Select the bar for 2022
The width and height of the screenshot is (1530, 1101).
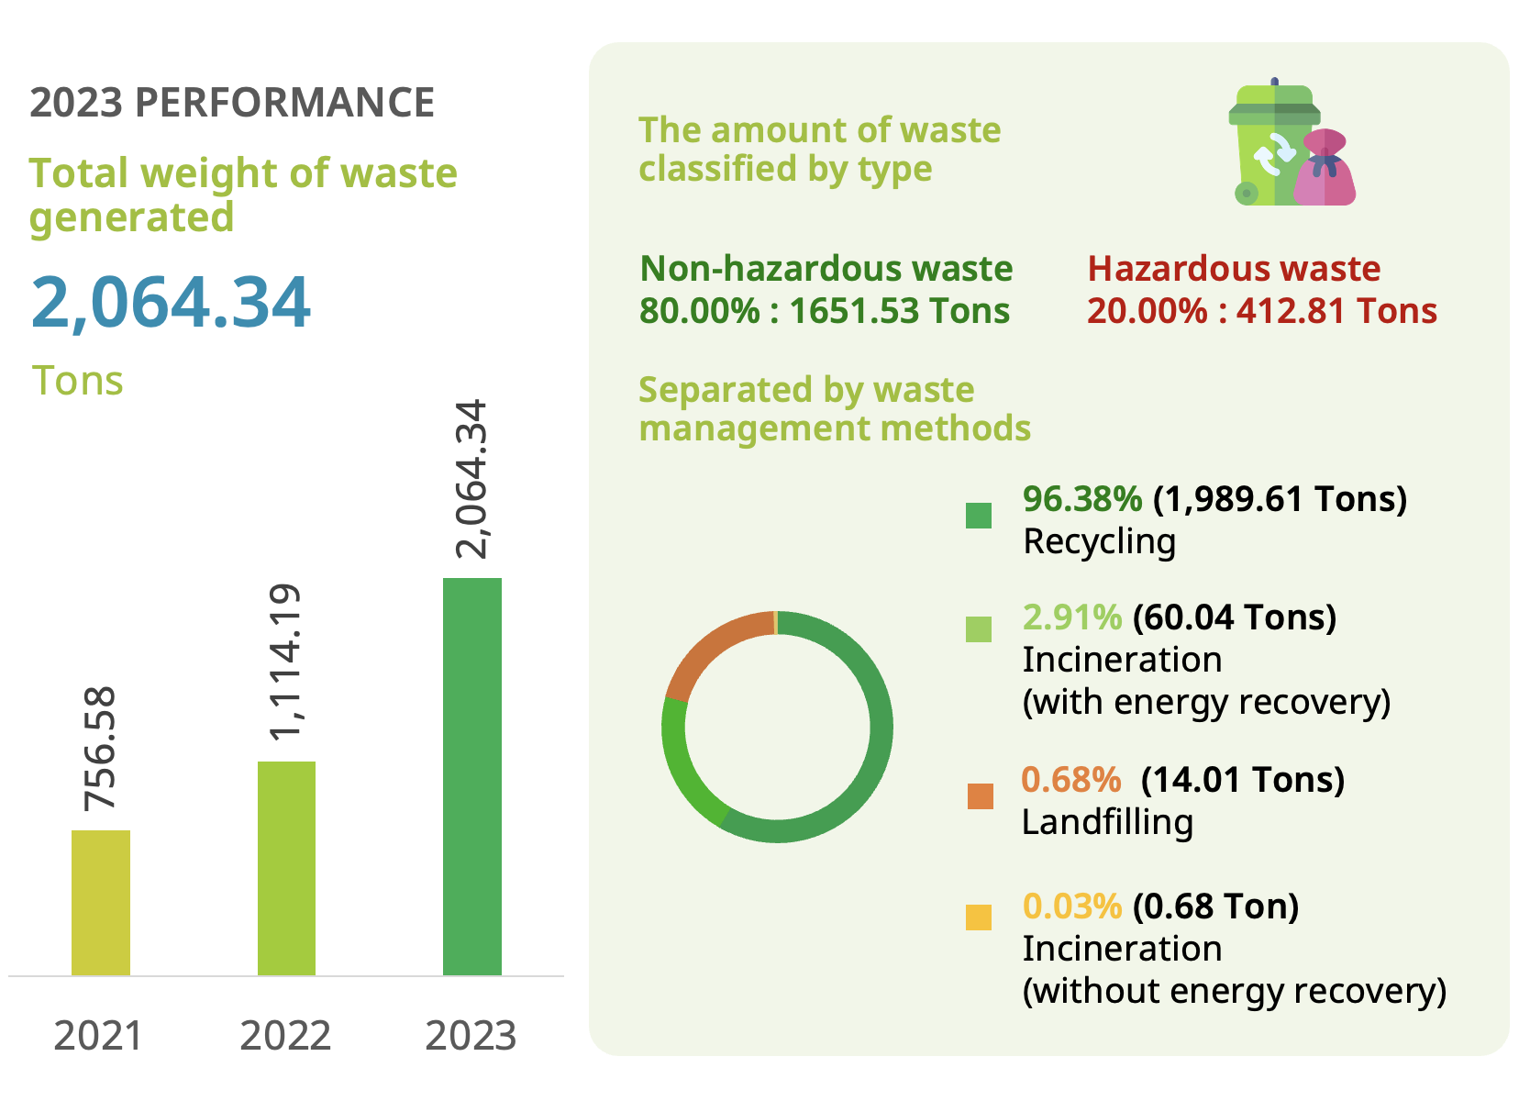tap(286, 868)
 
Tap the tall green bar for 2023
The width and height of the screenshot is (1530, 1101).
tap(472, 776)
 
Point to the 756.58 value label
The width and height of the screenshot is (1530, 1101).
tap(100, 749)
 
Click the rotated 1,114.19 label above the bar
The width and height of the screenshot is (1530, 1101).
tap(285, 661)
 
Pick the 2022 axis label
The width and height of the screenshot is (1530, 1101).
tap(285, 1036)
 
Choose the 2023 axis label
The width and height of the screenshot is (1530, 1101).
tap(471, 1036)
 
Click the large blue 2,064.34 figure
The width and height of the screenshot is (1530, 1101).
tap(171, 302)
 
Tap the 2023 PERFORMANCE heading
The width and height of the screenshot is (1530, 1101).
tap(232, 103)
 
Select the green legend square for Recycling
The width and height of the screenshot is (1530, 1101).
tap(979, 516)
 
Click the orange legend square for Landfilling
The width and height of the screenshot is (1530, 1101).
tap(980, 795)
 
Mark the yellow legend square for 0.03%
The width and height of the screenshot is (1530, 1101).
tap(979, 917)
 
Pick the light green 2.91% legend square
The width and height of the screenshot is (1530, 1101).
tap(979, 629)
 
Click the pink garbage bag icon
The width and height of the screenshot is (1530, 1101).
tap(1325, 170)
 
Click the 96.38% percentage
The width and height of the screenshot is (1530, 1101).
tap(1082, 499)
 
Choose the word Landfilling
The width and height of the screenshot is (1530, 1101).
tap(1107, 822)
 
